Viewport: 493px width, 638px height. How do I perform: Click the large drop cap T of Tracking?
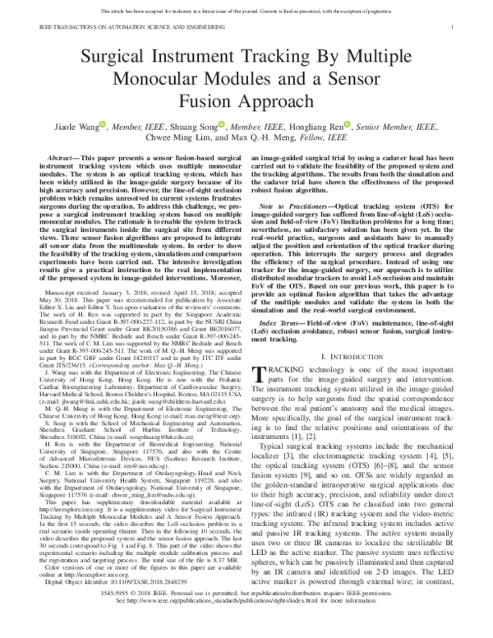click(x=263, y=374)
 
